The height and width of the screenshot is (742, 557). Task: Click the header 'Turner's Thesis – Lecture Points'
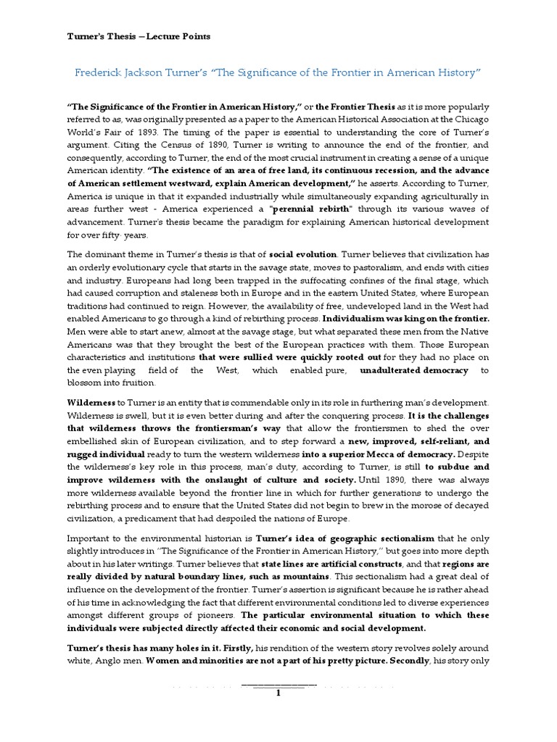pos(134,36)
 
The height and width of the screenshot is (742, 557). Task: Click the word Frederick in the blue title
pos(102,74)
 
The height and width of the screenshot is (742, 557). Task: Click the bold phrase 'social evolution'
pos(302,255)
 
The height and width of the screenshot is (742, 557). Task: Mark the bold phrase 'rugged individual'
pos(103,454)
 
